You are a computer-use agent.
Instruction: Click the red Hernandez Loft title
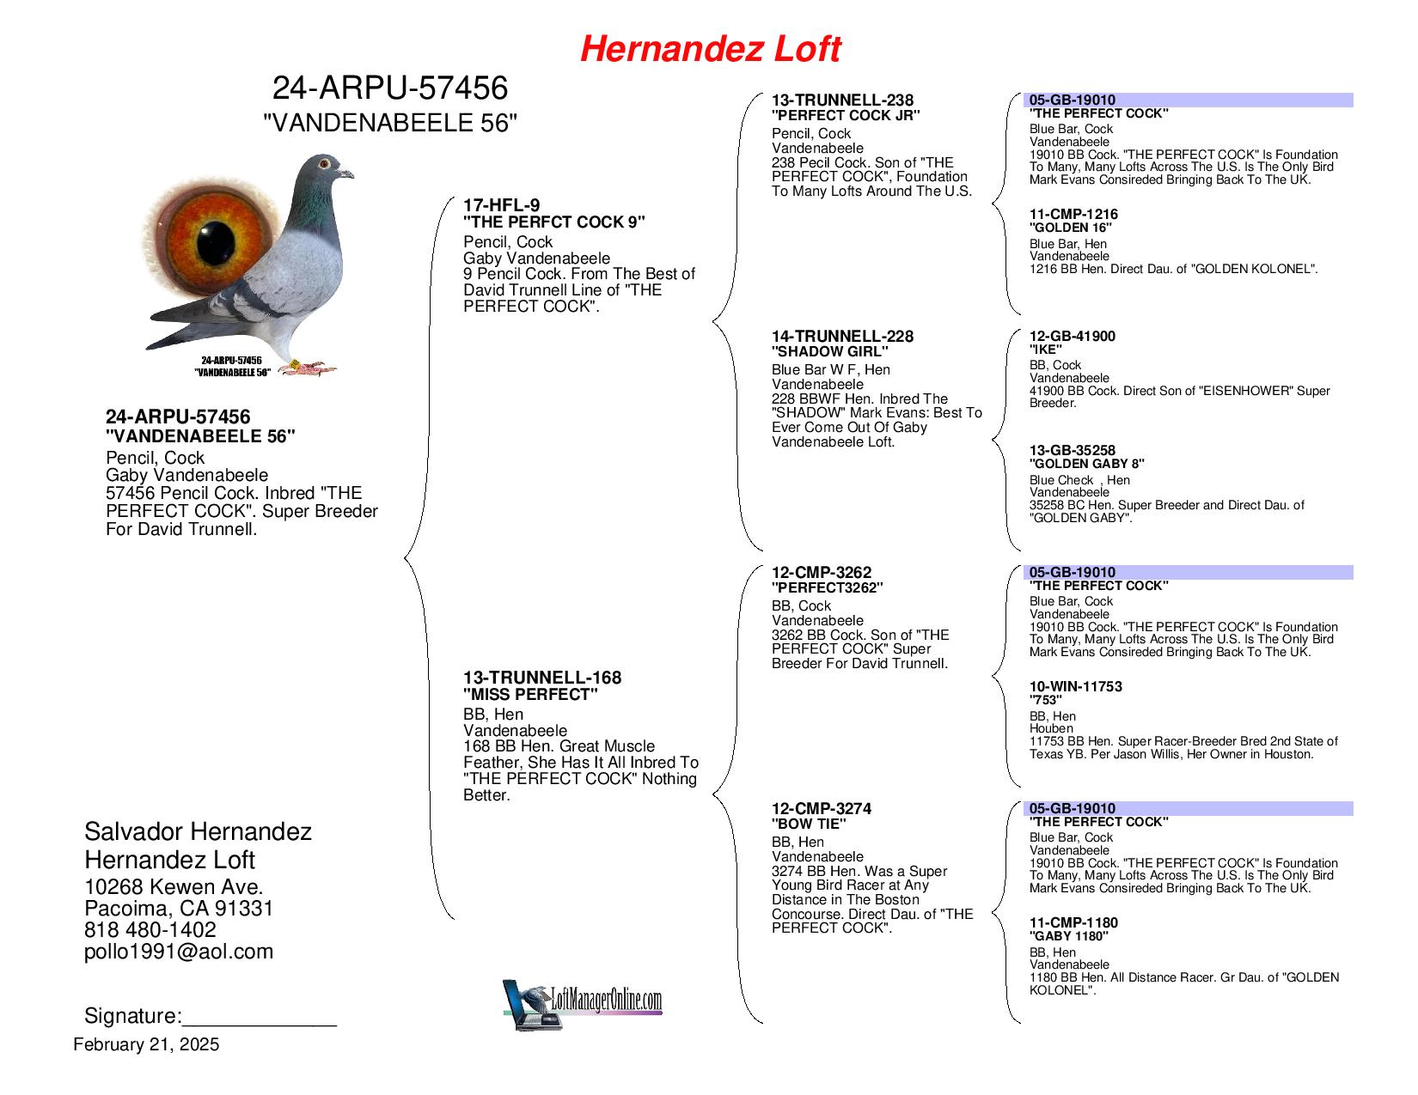point(710,50)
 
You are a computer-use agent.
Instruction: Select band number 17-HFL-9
point(501,205)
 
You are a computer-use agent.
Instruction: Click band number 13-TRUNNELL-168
point(541,678)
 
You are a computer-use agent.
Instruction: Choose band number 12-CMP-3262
point(821,573)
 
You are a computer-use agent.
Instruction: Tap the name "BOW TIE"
point(809,824)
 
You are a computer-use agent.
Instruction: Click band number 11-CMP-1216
point(1073,215)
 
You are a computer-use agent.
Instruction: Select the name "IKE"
point(1045,350)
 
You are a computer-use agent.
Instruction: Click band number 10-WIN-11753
point(1076,687)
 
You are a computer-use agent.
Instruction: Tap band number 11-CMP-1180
point(1073,923)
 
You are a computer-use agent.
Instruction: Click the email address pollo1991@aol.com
point(179,952)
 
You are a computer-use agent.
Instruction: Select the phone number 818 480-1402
point(150,930)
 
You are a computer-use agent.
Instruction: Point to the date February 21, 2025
point(146,1044)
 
